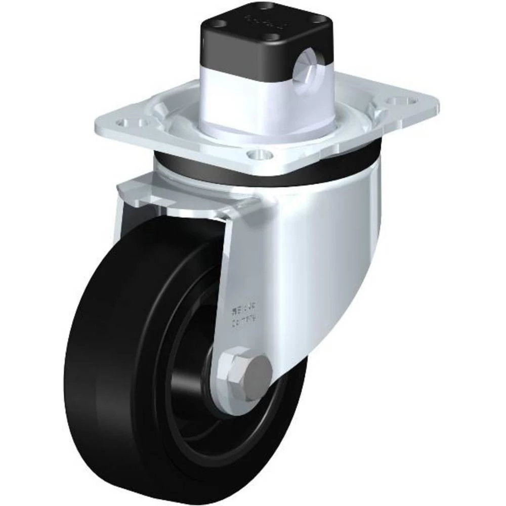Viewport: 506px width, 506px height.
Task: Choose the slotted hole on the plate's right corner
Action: point(400,101)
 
